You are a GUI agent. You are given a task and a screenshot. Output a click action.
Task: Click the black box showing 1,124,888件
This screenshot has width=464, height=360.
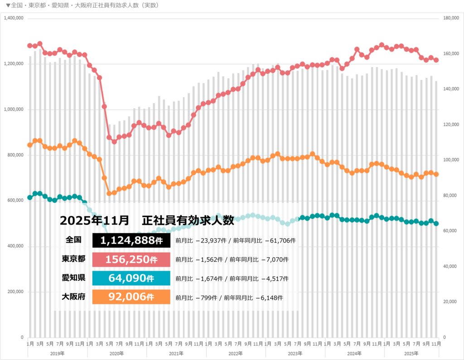(x=131, y=241)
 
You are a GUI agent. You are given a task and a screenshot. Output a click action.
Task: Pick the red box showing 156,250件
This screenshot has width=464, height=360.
(x=131, y=260)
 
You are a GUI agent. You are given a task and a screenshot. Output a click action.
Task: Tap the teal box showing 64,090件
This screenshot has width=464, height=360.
(x=131, y=278)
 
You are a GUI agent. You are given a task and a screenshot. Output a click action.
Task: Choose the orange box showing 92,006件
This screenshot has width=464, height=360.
(x=131, y=297)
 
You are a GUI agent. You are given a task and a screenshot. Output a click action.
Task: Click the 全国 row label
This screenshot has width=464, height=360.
(x=73, y=240)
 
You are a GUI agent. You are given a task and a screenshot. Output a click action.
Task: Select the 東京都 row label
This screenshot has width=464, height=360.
(x=73, y=259)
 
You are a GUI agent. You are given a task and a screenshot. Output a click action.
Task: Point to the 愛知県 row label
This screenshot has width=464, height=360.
(x=73, y=278)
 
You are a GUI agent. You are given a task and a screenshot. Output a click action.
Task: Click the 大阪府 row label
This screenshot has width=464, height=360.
(x=73, y=297)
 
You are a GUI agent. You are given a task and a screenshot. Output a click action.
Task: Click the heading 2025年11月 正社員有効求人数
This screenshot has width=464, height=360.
(x=147, y=221)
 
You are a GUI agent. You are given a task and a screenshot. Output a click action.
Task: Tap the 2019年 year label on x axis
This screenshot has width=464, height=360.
(x=57, y=353)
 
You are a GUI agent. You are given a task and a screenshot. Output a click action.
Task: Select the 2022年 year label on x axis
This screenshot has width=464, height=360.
(x=236, y=353)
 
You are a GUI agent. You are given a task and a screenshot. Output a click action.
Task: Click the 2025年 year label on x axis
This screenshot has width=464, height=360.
(x=411, y=353)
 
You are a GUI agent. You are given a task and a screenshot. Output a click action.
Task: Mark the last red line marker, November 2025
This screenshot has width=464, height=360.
(x=436, y=60)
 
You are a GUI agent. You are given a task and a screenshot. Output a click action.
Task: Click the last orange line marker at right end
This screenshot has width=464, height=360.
(x=436, y=174)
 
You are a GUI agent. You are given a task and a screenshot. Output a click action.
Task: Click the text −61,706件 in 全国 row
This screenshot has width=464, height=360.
(x=281, y=241)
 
